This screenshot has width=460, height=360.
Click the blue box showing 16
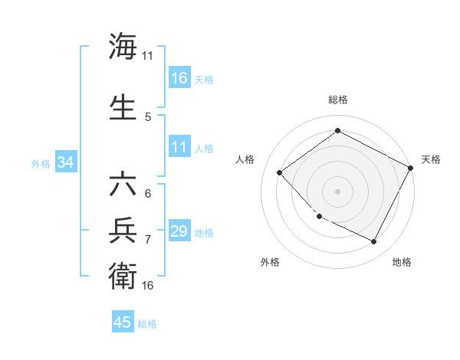point(179,78)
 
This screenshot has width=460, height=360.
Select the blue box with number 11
point(179,148)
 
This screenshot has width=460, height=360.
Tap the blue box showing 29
point(179,232)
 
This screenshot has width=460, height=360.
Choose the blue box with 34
point(65,162)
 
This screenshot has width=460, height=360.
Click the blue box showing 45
point(123,322)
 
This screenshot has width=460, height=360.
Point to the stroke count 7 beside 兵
point(148,240)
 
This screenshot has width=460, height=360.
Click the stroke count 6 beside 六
point(148,194)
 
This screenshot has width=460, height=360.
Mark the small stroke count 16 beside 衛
point(148,286)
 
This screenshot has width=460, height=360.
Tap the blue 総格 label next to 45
point(147,323)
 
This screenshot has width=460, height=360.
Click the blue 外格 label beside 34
point(41,163)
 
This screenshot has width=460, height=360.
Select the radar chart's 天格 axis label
point(431,159)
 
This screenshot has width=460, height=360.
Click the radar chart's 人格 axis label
point(245,159)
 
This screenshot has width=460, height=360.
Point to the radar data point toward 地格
point(374,242)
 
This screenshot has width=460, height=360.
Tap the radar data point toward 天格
point(412,168)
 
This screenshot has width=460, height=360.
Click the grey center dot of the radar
point(337,191)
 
